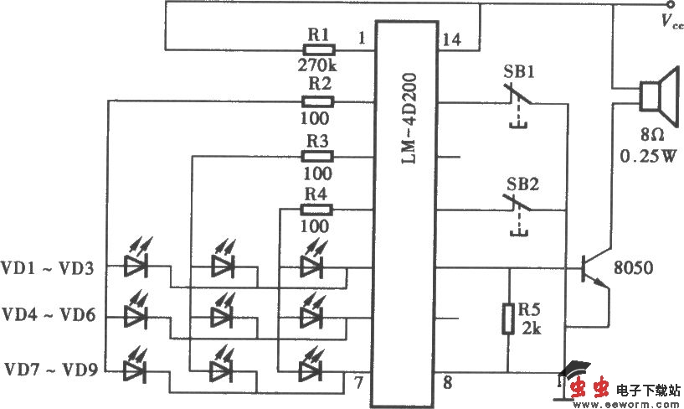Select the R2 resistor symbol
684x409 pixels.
[318, 101]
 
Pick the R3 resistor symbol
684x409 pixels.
[318, 156]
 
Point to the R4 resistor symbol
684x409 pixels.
[318, 210]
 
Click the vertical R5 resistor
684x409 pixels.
[508, 319]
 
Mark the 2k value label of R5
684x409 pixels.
[531, 329]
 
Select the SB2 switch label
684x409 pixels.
[519, 183]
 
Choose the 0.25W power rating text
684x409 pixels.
[647, 155]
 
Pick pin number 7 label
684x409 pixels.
[357, 384]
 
